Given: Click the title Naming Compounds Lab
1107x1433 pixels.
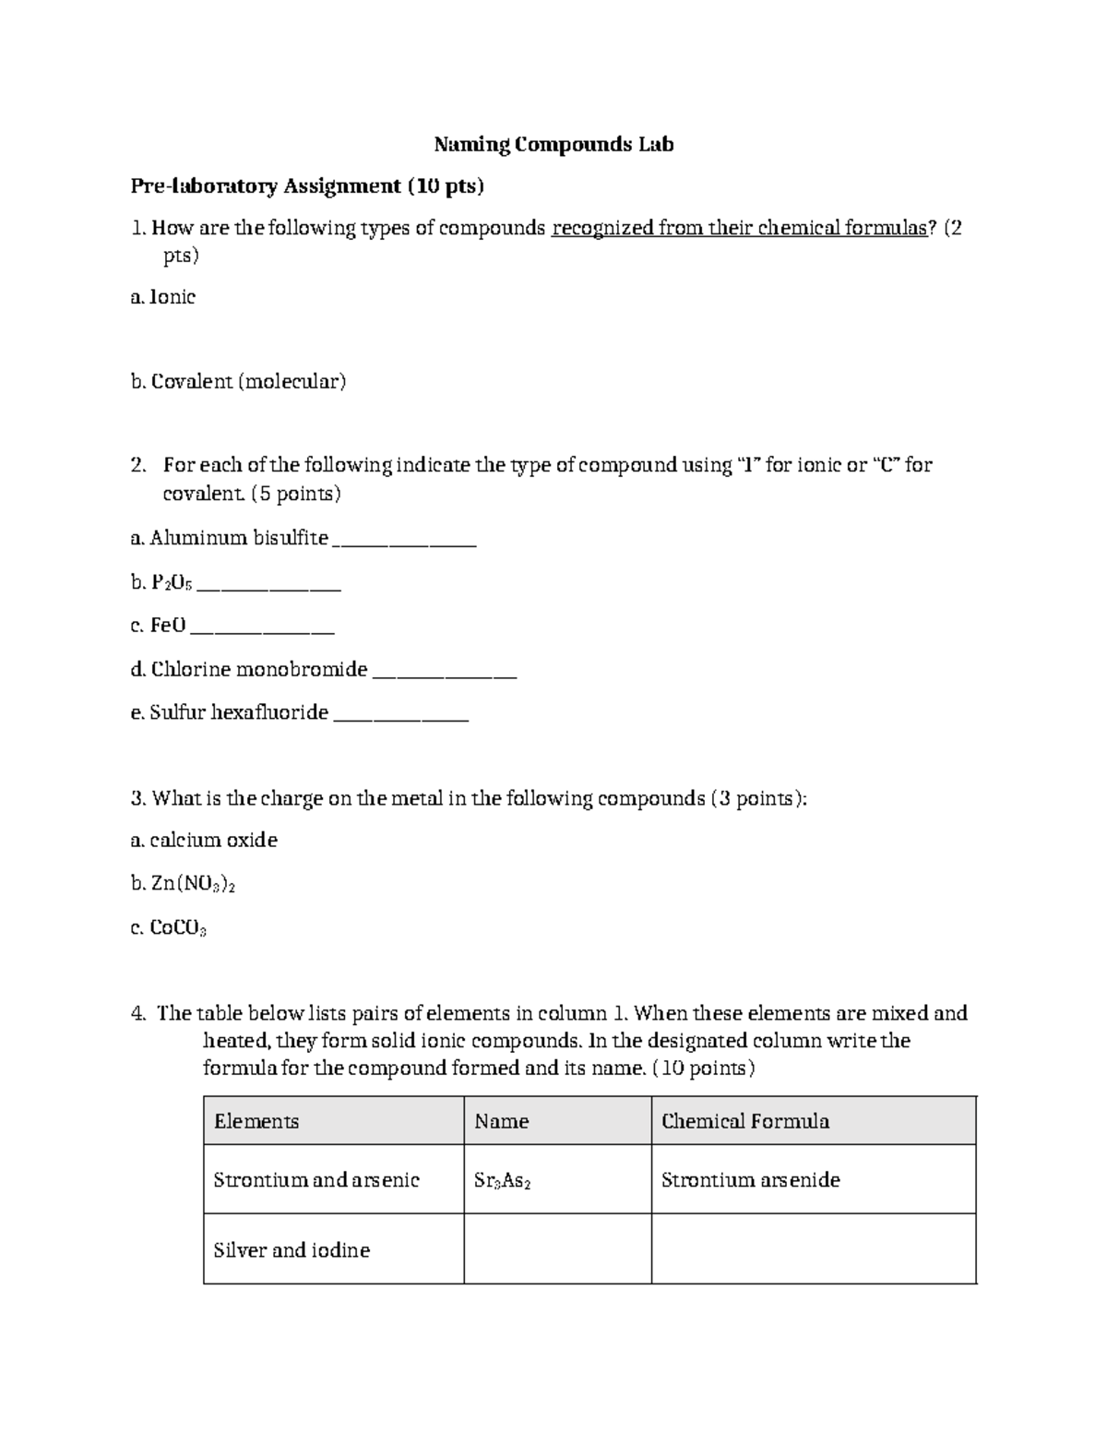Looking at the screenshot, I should (553, 144).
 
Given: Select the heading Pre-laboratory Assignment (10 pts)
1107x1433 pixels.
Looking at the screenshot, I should (307, 186).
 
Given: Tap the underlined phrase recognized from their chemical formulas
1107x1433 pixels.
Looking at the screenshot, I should (738, 228).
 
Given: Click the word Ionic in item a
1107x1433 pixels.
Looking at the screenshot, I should (173, 297).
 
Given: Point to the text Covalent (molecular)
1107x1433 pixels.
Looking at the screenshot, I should (248, 381).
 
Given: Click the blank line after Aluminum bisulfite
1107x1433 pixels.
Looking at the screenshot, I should (404, 541).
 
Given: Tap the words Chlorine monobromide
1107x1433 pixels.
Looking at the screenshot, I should (259, 669).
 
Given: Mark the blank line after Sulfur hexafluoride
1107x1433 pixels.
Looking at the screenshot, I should (400, 714).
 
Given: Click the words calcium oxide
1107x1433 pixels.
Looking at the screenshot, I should (213, 840).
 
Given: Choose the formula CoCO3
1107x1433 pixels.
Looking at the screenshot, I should (178, 928).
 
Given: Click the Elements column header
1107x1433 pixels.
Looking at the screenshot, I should (256, 1121).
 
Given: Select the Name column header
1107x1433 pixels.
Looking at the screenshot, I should (502, 1121).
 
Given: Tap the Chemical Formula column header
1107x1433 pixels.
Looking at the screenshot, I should (745, 1121).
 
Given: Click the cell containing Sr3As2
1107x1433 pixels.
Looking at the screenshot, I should (502, 1180).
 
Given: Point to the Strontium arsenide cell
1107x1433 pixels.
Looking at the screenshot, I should (751, 1180).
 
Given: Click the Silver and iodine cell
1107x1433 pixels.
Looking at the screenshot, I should (292, 1250).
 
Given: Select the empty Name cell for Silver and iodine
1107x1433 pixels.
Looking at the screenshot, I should (557, 1248).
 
